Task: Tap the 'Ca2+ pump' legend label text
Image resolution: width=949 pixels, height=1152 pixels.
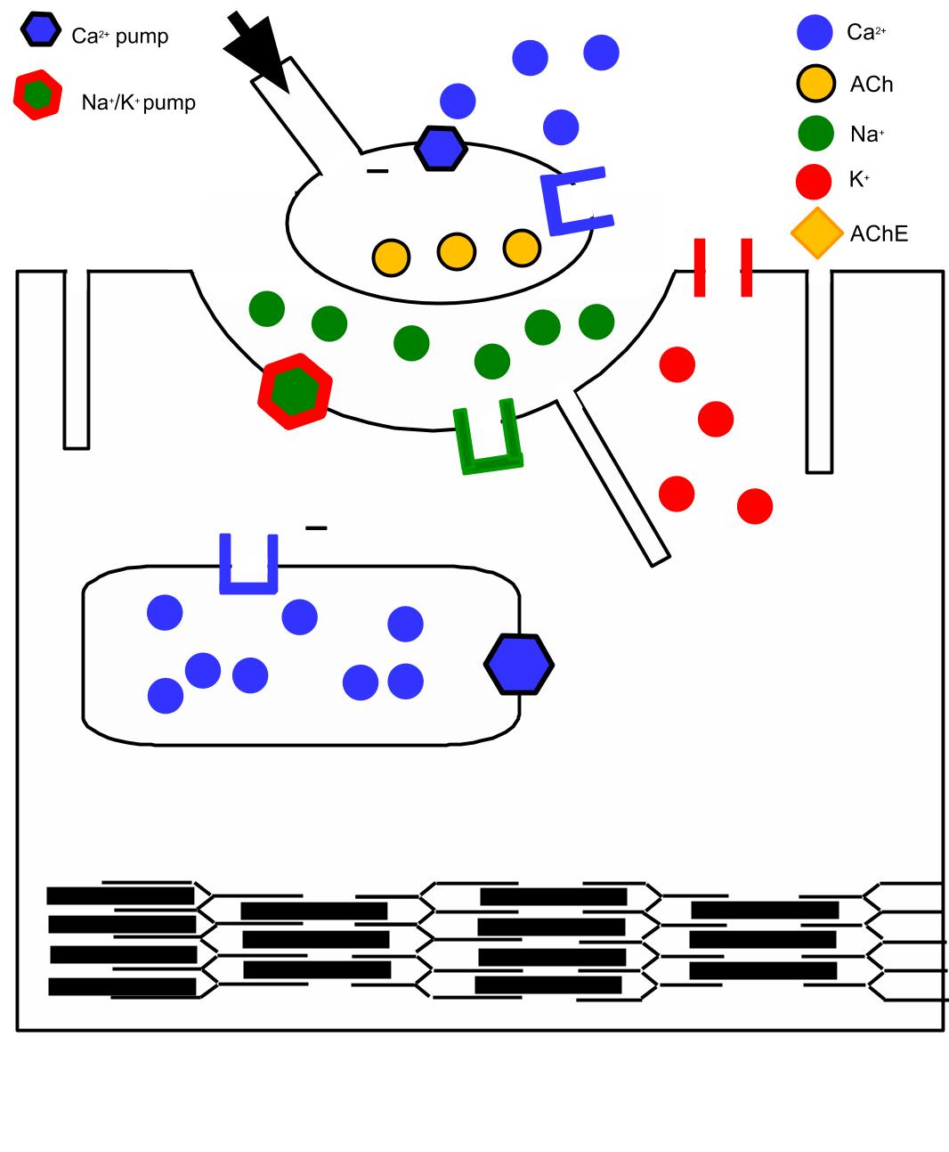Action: (119, 37)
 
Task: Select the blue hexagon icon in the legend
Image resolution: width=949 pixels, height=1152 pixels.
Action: (41, 29)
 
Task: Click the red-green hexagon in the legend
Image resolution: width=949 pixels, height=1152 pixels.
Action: (37, 95)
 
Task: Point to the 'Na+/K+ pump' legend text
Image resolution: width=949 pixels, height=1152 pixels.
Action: (138, 102)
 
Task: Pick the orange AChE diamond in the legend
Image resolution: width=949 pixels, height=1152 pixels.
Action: (816, 233)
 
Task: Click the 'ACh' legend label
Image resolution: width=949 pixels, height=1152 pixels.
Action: (872, 85)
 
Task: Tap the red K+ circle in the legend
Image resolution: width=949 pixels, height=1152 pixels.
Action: (814, 182)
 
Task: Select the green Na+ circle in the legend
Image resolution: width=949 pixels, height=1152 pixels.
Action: (815, 133)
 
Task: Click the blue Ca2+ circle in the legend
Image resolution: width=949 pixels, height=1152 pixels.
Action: (815, 33)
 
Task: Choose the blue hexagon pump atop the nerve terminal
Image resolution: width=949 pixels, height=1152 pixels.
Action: (442, 149)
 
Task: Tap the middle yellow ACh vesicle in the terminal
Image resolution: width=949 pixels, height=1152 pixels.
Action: (457, 252)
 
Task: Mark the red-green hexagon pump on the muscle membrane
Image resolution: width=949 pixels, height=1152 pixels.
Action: (295, 392)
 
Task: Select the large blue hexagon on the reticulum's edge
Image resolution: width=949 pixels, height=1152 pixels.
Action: (519, 665)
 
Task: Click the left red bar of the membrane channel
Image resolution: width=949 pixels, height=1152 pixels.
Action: (700, 267)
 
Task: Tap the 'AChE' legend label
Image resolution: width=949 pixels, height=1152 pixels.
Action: (879, 234)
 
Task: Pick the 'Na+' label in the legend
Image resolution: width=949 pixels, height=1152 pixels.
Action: (867, 134)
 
